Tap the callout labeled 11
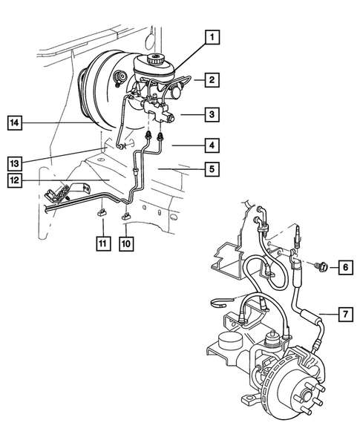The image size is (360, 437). point(100,243)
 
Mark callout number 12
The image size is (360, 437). point(16,180)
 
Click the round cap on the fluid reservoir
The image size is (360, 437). point(156,59)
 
